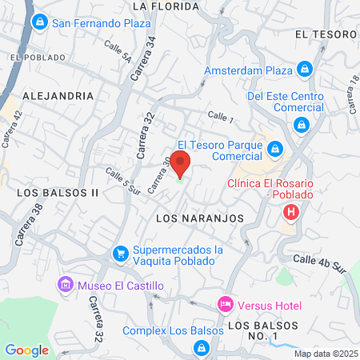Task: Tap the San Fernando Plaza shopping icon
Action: click(39, 24)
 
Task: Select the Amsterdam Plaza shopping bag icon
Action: click(304, 70)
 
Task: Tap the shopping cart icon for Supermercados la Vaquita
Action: click(120, 253)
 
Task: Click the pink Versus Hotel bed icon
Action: click(226, 304)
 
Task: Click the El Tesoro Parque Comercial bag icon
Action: click(274, 148)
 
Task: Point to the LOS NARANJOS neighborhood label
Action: click(200, 217)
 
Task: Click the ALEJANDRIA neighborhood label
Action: click(58, 95)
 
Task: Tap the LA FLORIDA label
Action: click(166, 6)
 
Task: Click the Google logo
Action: click(26, 350)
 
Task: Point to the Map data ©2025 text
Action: click(324, 354)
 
